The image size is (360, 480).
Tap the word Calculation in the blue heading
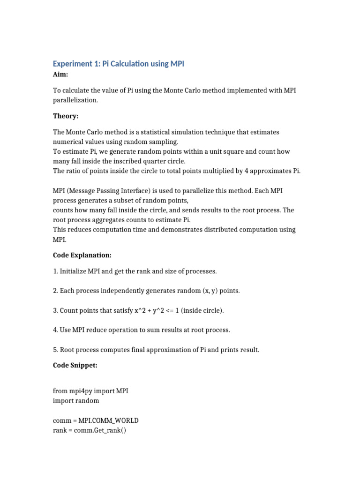click(x=126, y=64)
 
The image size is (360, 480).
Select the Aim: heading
click(x=60, y=75)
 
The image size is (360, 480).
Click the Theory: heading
click(x=66, y=116)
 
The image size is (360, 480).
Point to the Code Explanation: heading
click(x=82, y=255)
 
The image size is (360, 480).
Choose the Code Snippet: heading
click(x=75, y=366)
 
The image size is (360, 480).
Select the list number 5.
click(x=55, y=350)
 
